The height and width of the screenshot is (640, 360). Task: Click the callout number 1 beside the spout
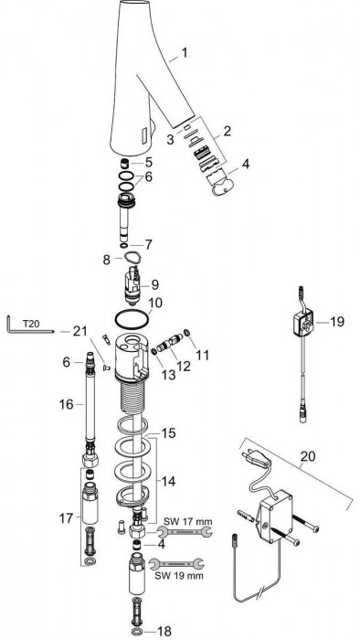pos(185,53)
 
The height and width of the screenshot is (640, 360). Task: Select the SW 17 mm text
pos(188,521)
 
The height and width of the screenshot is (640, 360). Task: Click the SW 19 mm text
pos(179,576)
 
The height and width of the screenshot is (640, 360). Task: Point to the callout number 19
pos(337,322)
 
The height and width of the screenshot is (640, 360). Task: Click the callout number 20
pos(308,456)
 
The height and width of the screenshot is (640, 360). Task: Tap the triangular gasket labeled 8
pos(132,258)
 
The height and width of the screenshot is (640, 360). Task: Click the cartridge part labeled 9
pos(132,284)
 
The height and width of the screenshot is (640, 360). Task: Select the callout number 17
pos(66,518)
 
